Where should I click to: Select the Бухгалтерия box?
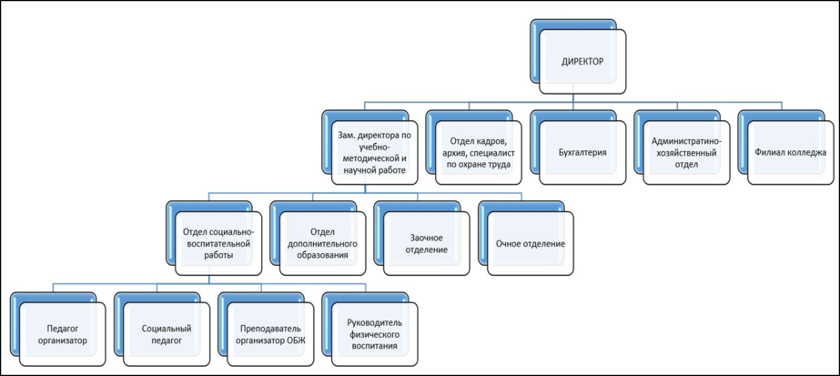point(582,153)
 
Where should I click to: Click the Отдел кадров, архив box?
point(479,153)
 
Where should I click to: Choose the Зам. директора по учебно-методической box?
point(368,153)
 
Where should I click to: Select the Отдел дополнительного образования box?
point(322,244)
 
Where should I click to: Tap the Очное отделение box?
point(531,244)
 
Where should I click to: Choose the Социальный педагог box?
point(167,334)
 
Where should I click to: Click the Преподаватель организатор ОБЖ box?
point(270,334)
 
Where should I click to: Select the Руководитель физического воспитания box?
point(374,334)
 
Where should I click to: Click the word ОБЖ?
point(298,340)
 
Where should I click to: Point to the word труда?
point(495,166)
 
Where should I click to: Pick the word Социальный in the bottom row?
point(167,328)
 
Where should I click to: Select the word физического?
point(374,334)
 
